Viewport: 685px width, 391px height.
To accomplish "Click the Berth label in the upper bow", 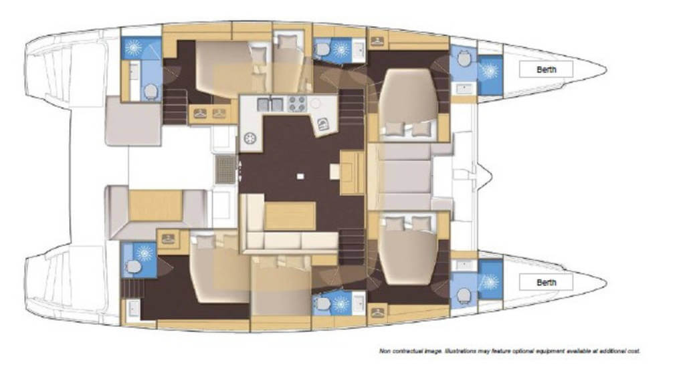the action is coord(546,70).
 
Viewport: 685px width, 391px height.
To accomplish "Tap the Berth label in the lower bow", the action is coord(546,282).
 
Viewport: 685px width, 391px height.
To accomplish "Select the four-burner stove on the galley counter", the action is coord(297,104).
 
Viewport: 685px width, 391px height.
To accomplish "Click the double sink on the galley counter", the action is coord(270,105).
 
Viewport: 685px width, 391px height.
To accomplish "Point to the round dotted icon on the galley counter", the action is coord(250,139).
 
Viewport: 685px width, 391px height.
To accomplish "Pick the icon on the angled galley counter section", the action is coord(323,124).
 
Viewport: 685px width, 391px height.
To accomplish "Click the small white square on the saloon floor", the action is coord(300,176).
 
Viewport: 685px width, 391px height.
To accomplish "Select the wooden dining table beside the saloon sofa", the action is coord(290,216).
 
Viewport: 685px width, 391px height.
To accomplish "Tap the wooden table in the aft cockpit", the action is coord(156,205).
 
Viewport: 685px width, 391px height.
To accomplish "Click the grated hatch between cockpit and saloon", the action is coord(225,169).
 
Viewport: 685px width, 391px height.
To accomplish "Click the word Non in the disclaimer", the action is coord(385,351).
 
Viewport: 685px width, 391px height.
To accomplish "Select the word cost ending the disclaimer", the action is coord(634,351).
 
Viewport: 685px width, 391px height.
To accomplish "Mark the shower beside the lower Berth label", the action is coord(490,282).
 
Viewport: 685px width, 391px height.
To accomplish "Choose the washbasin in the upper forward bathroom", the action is coord(464,89).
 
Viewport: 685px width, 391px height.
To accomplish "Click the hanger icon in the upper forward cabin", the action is coord(377,41).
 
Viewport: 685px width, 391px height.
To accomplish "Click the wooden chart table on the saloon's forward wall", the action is coord(352,172).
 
